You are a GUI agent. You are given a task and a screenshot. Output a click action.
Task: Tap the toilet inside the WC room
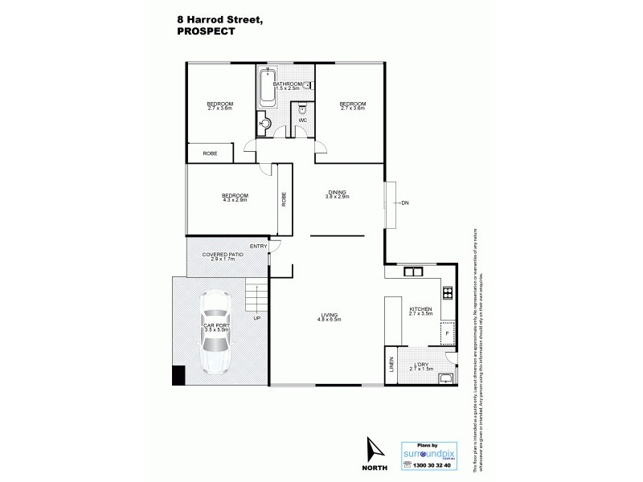[303, 108]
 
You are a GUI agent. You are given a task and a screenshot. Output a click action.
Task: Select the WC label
[303, 121]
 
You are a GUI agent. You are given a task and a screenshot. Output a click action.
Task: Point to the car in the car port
[215, 333]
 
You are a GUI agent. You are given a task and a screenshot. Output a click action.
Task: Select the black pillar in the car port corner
[178, 374]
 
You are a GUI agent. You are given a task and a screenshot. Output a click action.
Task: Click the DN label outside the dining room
[405, 202]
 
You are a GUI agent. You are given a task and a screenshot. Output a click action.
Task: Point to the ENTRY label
[258, 246]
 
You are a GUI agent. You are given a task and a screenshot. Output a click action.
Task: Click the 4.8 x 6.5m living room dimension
[330, 320]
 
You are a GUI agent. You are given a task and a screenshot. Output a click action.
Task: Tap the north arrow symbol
[371, 454]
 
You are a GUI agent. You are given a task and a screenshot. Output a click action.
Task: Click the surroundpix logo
[429, 451]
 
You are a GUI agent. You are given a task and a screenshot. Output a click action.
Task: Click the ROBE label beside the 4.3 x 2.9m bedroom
[284, 198]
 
